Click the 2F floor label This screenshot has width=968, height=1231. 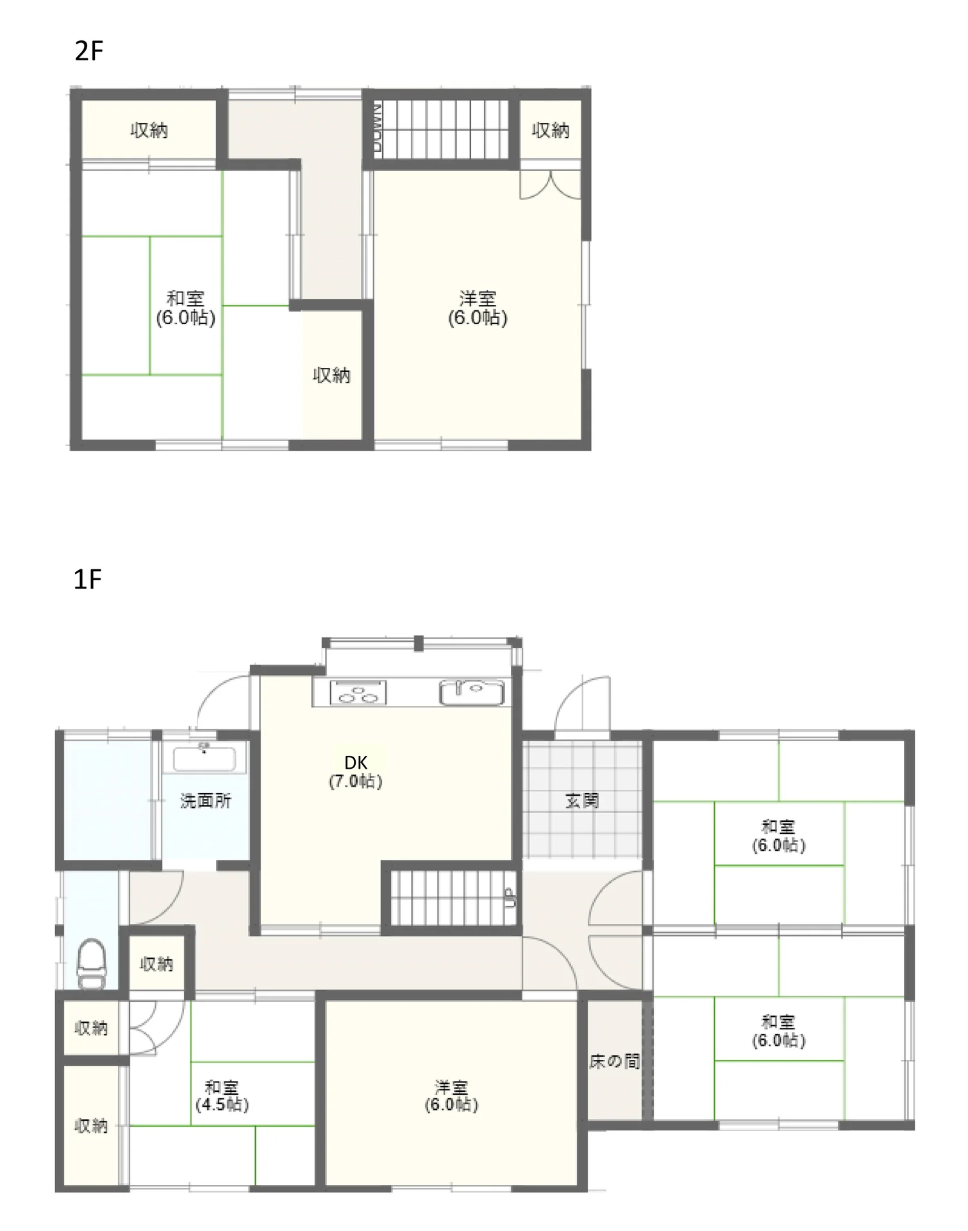click(x=88, y=51)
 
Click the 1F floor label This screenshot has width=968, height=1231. click(x=88, y=579)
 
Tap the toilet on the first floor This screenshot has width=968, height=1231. click(x=92, y=963)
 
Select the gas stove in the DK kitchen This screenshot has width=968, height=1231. click(x=358, y=693)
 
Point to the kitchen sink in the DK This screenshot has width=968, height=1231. click(x=472, y=692)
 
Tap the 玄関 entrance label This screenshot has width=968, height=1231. click(x=582, y=800)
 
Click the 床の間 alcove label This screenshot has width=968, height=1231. click(x=615, y=1061)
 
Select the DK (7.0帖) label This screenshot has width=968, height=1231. click(x=356, y=772)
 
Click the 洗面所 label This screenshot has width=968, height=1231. click(x=205, y=800)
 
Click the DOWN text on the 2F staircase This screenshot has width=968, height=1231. click(x=378, y=128)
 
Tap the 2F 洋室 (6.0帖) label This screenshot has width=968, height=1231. click(x=478, y=308)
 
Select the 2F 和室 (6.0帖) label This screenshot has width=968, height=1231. click(x=185, y=308)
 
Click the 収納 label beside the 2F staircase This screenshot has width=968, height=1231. click(x=551, y=130)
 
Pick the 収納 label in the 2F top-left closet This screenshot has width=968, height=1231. click(x=149, y=130)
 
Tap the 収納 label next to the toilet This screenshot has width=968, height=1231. click(x=156, y=964)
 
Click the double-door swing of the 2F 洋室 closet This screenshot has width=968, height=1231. click(x=550, y=184)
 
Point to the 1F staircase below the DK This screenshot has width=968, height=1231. click(x=453, y=897)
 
